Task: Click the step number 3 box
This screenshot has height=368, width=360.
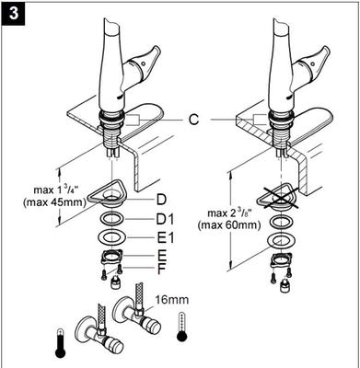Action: (x=13, y=13)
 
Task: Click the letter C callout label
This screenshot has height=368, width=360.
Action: (x=193, y=120)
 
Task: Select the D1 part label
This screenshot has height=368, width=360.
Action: (x=165, y=219)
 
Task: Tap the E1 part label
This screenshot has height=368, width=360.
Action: (x=165, y=238)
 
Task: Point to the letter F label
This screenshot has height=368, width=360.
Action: (x=161, y=270)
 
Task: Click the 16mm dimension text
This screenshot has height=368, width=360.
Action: (x=171, y=299)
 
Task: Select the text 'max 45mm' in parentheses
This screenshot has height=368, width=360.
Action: (x=54, y=202)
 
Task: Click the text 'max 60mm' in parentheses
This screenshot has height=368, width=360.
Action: (x=229, y=225)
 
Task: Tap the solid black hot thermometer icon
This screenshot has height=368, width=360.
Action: (x=61, y=343)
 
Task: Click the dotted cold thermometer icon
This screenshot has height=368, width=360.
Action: (x=181, y=328)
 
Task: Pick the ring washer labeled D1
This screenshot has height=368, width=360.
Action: (x=112, y=219)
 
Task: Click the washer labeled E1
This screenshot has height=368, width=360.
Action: (x=112, y=237)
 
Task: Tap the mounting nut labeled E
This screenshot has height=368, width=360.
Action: (x=111, y=256)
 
